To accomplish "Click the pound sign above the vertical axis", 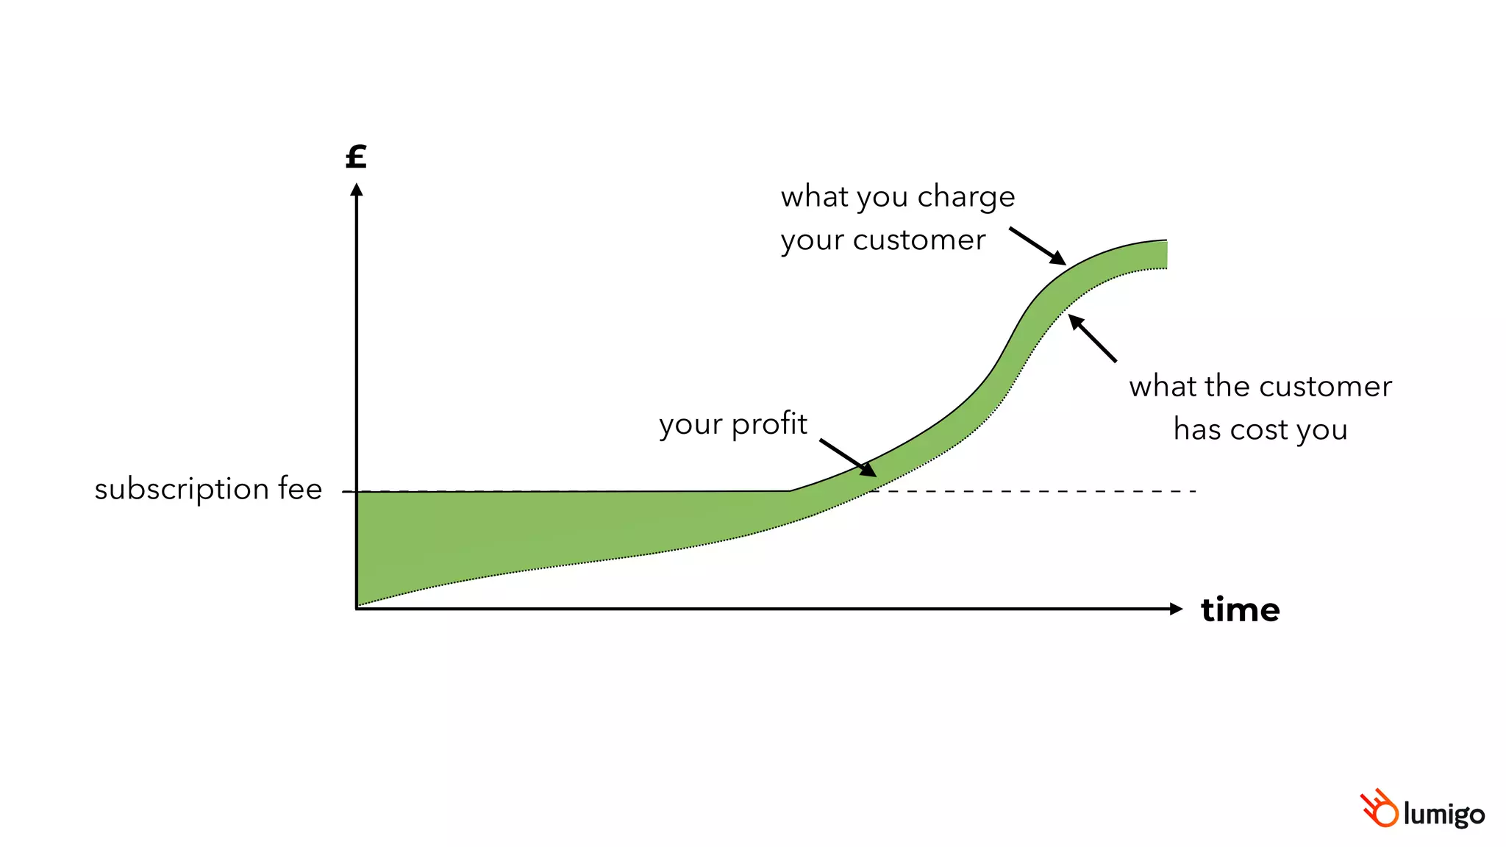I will tap(356, 157).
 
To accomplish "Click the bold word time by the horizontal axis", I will tap(1240, 610).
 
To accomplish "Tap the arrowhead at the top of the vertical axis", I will tap(357, 190).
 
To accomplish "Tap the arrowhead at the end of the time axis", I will tap(1176, 609).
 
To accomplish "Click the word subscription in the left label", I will tap(182, 490).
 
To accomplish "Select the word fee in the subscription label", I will tap(300, 489).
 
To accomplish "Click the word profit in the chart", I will tap(769, 424).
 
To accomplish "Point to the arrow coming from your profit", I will tap(848, 458).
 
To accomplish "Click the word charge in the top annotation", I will tap(966, 198).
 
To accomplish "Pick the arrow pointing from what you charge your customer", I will tap(1037, 246).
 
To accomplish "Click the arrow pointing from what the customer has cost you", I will tap(1092, 338).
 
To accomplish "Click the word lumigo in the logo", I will tap(1443, 815).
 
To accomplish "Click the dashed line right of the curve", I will tap(1044, 490).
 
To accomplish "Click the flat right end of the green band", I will tap(1165, 254).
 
